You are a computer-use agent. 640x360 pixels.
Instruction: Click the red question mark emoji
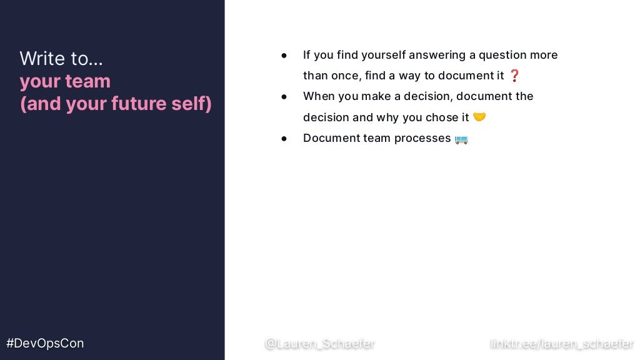514,76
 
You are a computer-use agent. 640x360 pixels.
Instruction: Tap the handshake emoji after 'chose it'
479,117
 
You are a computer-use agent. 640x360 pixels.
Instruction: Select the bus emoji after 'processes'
461,139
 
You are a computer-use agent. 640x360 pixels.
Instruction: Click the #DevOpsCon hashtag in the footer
45,343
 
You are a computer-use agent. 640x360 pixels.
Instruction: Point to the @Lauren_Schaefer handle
319,343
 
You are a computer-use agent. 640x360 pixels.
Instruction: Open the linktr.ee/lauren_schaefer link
562,343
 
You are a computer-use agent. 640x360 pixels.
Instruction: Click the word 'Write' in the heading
42,59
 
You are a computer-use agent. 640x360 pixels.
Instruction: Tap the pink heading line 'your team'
65,81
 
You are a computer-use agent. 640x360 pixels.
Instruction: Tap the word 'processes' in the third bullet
422,138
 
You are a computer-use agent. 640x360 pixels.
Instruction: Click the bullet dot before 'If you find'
284,55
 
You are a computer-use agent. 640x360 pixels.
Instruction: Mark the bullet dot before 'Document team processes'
284,138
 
